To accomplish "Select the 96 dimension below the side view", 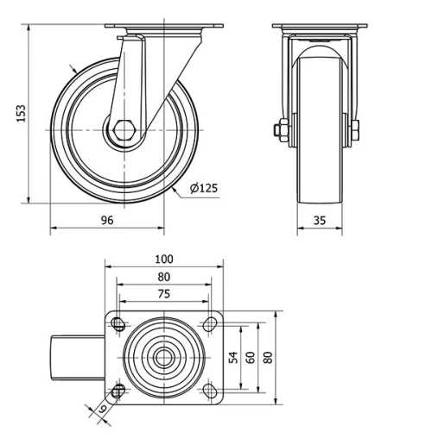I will [x=107, y=220].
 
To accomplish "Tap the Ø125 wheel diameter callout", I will [x=202, y=189].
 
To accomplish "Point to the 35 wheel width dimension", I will [x=319, y=220].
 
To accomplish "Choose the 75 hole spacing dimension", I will [x=163, y=293].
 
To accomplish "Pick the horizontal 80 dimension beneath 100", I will [x=163, y=277].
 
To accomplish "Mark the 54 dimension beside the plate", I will [x=233, y=357].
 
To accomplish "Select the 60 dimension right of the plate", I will [x=251, y=357].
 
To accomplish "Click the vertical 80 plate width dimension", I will [x=268, y=357].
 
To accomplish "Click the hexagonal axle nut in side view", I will [x=123, y=131].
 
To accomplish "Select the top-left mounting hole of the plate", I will [x=118, y=324].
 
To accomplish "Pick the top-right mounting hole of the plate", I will [x=209, y=324].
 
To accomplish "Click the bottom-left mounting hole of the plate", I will [x=118, y=391].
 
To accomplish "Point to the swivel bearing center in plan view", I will [x=163, y=357].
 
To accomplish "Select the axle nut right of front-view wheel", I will [x=355, y=131].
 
